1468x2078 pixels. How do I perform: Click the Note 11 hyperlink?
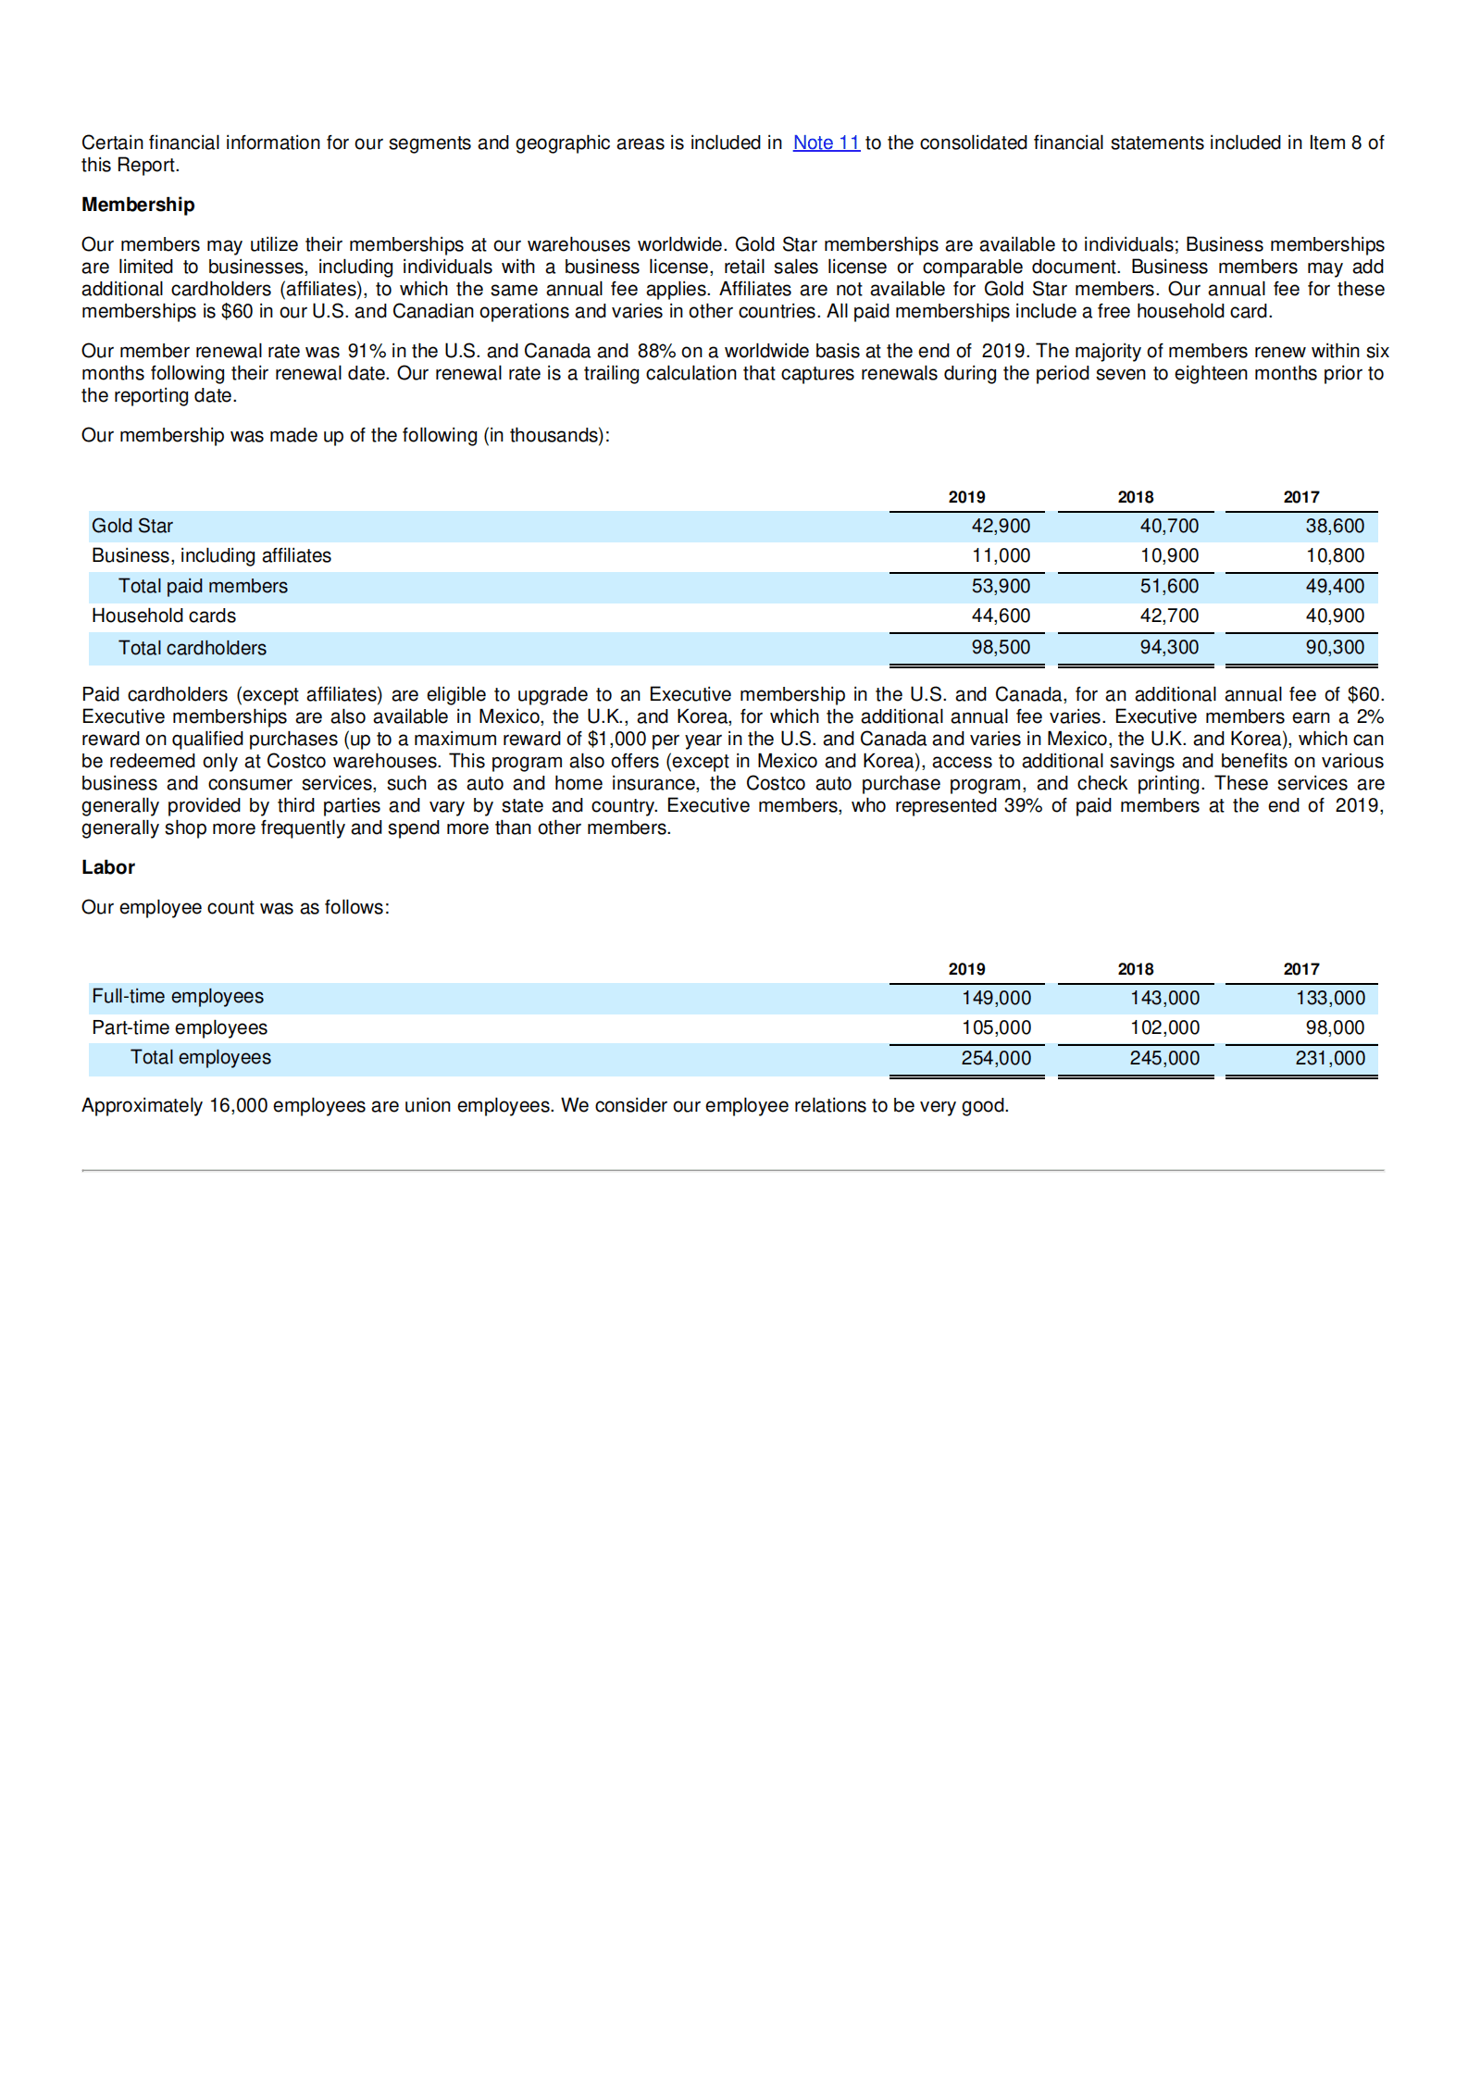click(x=826, y=143)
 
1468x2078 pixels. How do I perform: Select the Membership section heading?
click(x=138, y=205)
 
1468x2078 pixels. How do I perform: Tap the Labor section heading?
click(x=108, y=867)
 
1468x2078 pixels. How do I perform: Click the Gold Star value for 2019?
click(x=1000, y=526)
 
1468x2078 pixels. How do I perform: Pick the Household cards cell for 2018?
click(x=1168, y=616)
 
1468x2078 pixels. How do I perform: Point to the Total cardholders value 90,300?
click(x=1334, y=647)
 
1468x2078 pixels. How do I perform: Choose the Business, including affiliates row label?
click(x=211, y=555)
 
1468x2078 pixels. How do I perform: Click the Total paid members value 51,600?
click(x=1168, y=586)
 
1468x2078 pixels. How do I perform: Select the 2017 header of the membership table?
click(x=1300, y=497)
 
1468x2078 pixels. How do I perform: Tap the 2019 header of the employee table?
click(x=966, y=969)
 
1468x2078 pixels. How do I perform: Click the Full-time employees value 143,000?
click(x=1163, y=998)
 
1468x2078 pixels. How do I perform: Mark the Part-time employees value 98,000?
click(x=1334, y=1027)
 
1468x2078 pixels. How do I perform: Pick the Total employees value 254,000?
click(x=995, y=1058)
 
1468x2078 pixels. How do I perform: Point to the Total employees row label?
click(x=200, y=1057)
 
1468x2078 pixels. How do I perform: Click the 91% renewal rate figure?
click(x=367, y=351)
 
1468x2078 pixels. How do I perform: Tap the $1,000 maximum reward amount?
click(x=616, y=739)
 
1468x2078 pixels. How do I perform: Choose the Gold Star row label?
click(x=132, y=526)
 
